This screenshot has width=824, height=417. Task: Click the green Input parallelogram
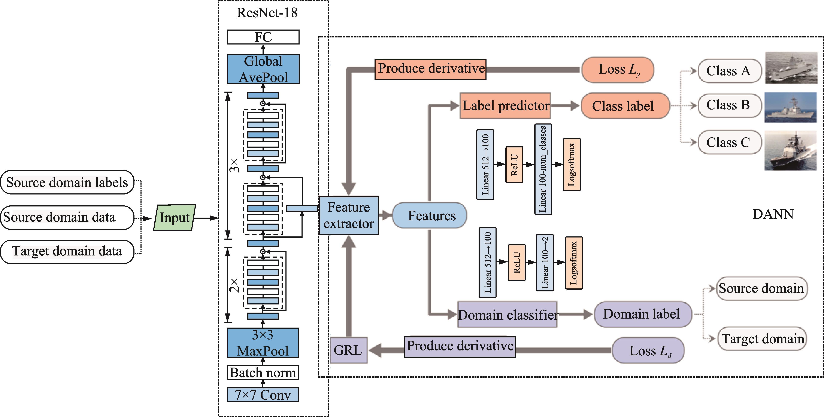click(x=174, y=218)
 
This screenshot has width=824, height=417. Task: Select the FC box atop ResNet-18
click(x=263, y=37)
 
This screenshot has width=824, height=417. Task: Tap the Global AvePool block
click(x=263, y=69)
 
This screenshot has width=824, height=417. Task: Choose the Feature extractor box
click(x=349, y=216)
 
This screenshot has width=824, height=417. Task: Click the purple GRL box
click(x=348, y=350)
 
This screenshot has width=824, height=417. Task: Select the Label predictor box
click(x=505, y=106)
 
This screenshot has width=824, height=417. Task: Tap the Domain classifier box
click(x=507, y=315)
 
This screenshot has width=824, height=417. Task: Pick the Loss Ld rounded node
click(x=648, y=350)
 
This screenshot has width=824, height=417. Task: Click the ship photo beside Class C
click(x=790, y=150)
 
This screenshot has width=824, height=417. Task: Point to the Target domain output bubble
click(x=762, y=339)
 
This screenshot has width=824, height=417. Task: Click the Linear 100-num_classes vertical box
click(x=543, y=169)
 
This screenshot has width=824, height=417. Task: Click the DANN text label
click(x=773, y=214)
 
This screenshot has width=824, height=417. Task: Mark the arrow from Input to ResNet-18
click(x=206, y=218)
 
